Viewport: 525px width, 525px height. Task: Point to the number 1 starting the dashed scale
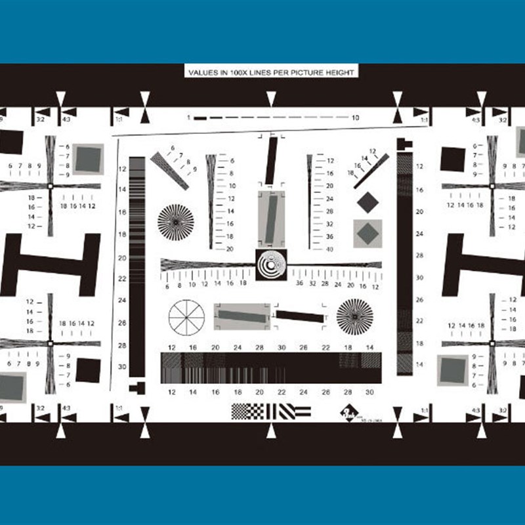click(188, 117)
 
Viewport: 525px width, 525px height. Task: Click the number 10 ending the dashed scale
click(355, 117)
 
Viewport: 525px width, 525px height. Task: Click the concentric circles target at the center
click(271, 265)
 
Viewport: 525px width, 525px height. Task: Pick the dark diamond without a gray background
click(367, 202)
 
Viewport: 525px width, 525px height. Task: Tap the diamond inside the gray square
click(367, 233)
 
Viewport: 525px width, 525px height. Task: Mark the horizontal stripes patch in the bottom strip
click(302, 411)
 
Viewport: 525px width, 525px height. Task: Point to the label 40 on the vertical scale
click(330, 249)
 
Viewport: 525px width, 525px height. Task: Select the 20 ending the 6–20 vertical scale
click(230, 249)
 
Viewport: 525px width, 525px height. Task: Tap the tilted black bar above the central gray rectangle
click(271, 161)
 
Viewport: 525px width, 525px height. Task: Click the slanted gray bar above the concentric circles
click(271, 218)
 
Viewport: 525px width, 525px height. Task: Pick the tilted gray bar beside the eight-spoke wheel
click(241, 316)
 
